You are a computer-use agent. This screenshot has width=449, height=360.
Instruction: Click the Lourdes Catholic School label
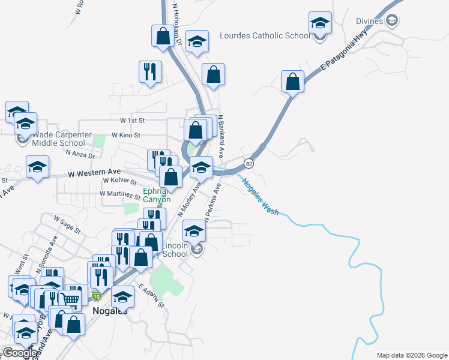click(x=265, y=35)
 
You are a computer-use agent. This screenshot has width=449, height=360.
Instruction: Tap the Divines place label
click(x=368, y=22)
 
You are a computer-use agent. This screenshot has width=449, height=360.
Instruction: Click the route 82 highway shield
click(x=249, y=163)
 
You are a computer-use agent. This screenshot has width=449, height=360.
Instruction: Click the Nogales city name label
click(x=110, y=310)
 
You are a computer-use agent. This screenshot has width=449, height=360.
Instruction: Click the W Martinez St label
click(x=120, y=194)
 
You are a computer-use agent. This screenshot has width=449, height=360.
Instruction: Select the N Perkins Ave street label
click(x=213, y=202)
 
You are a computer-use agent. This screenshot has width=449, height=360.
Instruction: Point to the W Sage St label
click(x=67, y=223)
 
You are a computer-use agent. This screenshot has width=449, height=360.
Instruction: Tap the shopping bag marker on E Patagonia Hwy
click(x=292, y=82)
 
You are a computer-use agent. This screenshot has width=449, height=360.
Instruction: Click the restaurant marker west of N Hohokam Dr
click(x=148, y=71)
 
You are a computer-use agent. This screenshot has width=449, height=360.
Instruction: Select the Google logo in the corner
click(x=20, y=353)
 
